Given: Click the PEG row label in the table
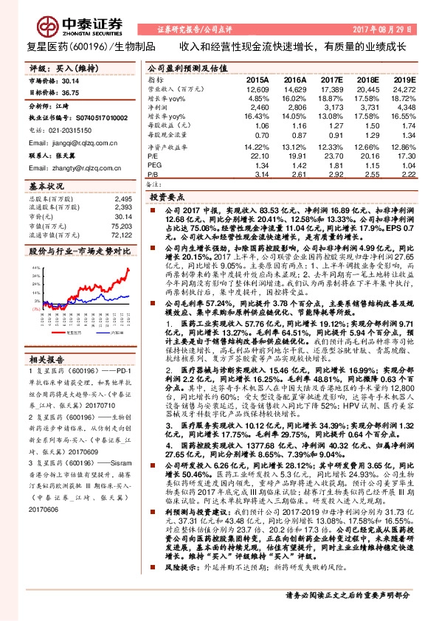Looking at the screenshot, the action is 153,165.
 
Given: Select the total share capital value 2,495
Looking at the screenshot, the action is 123,198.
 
